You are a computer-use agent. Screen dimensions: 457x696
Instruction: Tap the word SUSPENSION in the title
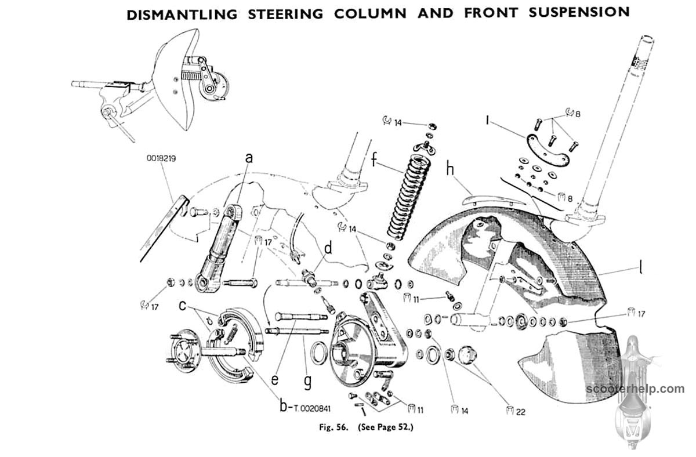click(579, 12)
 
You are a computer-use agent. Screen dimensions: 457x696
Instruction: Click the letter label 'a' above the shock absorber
click(250, 157)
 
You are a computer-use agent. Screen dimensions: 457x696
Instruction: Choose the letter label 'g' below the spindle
click(307, 382)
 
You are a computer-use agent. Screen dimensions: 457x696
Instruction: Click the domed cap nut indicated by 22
click(466, 354)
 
